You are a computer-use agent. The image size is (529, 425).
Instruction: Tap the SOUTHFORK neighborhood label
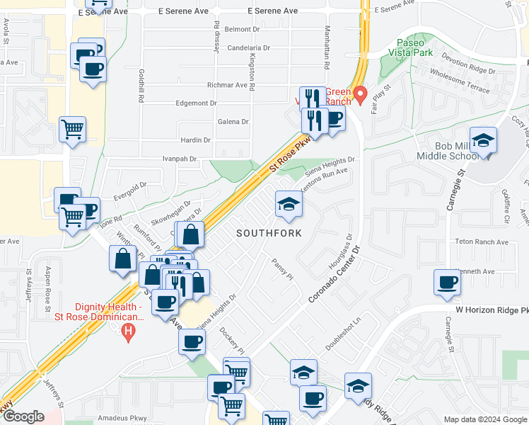(269, 233)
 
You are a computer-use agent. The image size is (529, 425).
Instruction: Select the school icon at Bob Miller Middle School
(483, 140)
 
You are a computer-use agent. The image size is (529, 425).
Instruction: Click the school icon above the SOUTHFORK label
(288, 205)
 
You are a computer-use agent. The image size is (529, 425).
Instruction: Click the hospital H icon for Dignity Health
(128, 331)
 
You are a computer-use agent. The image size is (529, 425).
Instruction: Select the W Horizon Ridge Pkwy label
(488, 310)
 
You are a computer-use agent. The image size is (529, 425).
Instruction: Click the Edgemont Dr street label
(197, 103)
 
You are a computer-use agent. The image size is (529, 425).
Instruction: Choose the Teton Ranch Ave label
(482, 242)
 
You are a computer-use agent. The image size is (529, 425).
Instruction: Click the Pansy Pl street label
(282, 268)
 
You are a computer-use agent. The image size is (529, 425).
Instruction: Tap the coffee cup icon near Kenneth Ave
(447, 282)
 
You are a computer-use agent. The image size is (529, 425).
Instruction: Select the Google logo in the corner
(23, 416)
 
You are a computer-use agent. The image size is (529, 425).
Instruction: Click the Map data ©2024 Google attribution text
(485, 419)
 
